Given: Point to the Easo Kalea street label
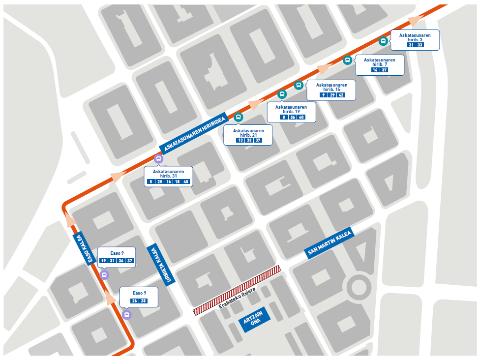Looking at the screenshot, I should click(x=84, y=249).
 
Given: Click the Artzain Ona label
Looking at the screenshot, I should click(x=256, y=318).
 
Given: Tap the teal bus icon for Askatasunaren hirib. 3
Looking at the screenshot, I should click(x=383, y=41).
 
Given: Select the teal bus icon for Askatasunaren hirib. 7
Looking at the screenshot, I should click(x=347, y=60).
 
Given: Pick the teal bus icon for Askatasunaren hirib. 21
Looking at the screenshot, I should click(x=239, y=117).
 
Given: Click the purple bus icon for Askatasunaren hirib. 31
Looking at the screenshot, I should click(x=158, y=158).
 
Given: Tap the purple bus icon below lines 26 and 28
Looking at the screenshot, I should click(x=127, y=315).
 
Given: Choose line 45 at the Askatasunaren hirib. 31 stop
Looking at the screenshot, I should click(x=186, y=182).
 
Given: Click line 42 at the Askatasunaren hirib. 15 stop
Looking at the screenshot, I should click(x=341, y=95).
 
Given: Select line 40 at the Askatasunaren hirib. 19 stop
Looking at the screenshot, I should click(x=302, y=117).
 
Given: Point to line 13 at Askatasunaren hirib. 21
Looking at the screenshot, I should click(x=240, y=140).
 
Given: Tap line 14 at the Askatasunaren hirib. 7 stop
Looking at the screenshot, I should click(x=375, y=70).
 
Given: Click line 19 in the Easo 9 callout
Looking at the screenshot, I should click(x=104, y=261).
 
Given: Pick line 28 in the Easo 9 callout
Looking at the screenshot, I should click(x=144, y=300).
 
